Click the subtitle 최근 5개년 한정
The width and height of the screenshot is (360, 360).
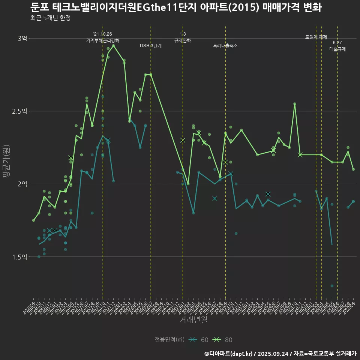tap(50, 18)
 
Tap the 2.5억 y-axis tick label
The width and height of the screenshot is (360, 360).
tap(19, 111)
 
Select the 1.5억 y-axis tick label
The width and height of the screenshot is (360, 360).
tap(19, 257)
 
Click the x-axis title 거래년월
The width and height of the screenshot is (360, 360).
tap(193, 320)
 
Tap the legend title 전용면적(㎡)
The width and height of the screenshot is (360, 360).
tap(169, 340)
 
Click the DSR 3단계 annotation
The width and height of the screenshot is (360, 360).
tap(151, 46)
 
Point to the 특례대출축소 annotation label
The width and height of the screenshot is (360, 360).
tap(225, 46)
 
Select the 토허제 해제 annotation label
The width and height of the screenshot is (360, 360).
tap(316, 37)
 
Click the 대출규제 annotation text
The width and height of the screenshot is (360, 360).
tap(337, 49)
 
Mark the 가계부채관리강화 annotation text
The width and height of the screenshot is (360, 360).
tap(103, 40)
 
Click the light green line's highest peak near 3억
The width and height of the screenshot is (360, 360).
tap(114, 45)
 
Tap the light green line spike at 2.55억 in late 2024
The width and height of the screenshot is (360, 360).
tap(295, 104)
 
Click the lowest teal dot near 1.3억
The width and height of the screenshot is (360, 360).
tap(332, 286)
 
